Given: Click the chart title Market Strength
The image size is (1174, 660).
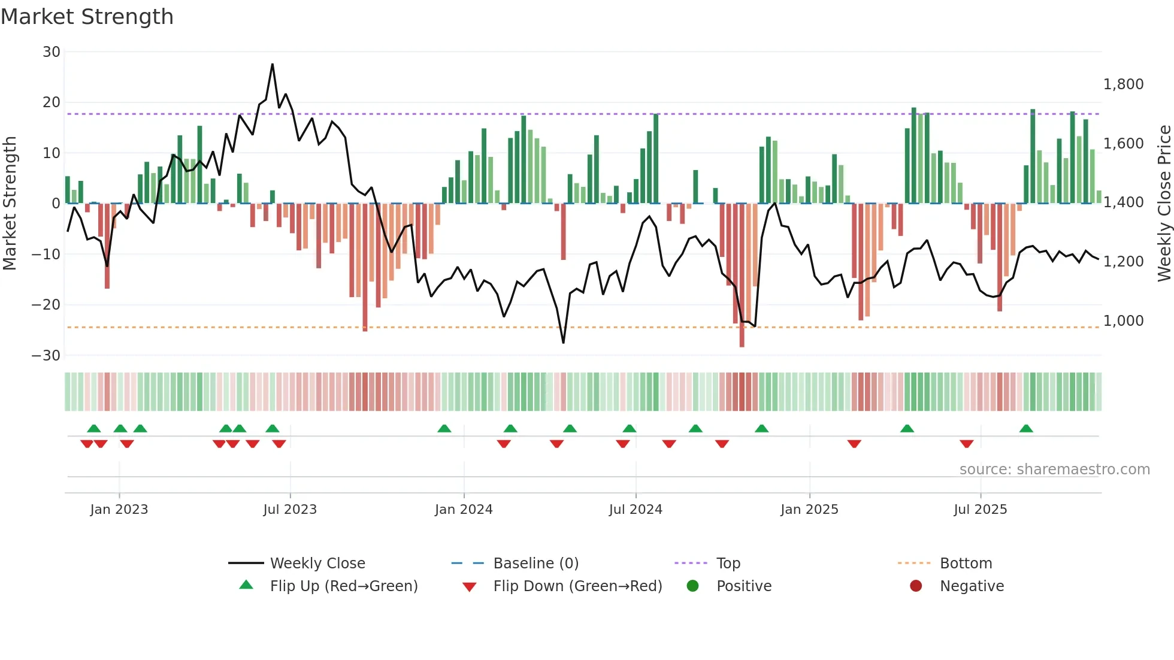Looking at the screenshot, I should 87,17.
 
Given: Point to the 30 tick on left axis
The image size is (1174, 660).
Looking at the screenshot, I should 52,52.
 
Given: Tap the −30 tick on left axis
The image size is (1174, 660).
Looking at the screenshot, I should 46,356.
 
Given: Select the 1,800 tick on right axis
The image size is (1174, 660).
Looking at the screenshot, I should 1123,84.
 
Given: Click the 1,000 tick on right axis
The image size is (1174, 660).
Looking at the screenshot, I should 1123,321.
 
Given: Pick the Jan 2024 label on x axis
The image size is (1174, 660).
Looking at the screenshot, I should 464,510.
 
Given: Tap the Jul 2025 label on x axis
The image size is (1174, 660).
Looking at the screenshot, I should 980,510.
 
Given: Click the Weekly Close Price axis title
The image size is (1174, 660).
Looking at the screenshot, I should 1164,204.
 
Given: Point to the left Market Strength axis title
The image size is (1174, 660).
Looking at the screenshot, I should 10,204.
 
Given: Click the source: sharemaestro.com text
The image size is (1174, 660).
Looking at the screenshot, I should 1054,470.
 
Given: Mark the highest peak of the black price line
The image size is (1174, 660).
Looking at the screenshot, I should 273,65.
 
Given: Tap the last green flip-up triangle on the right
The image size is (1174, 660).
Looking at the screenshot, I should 1026,429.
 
